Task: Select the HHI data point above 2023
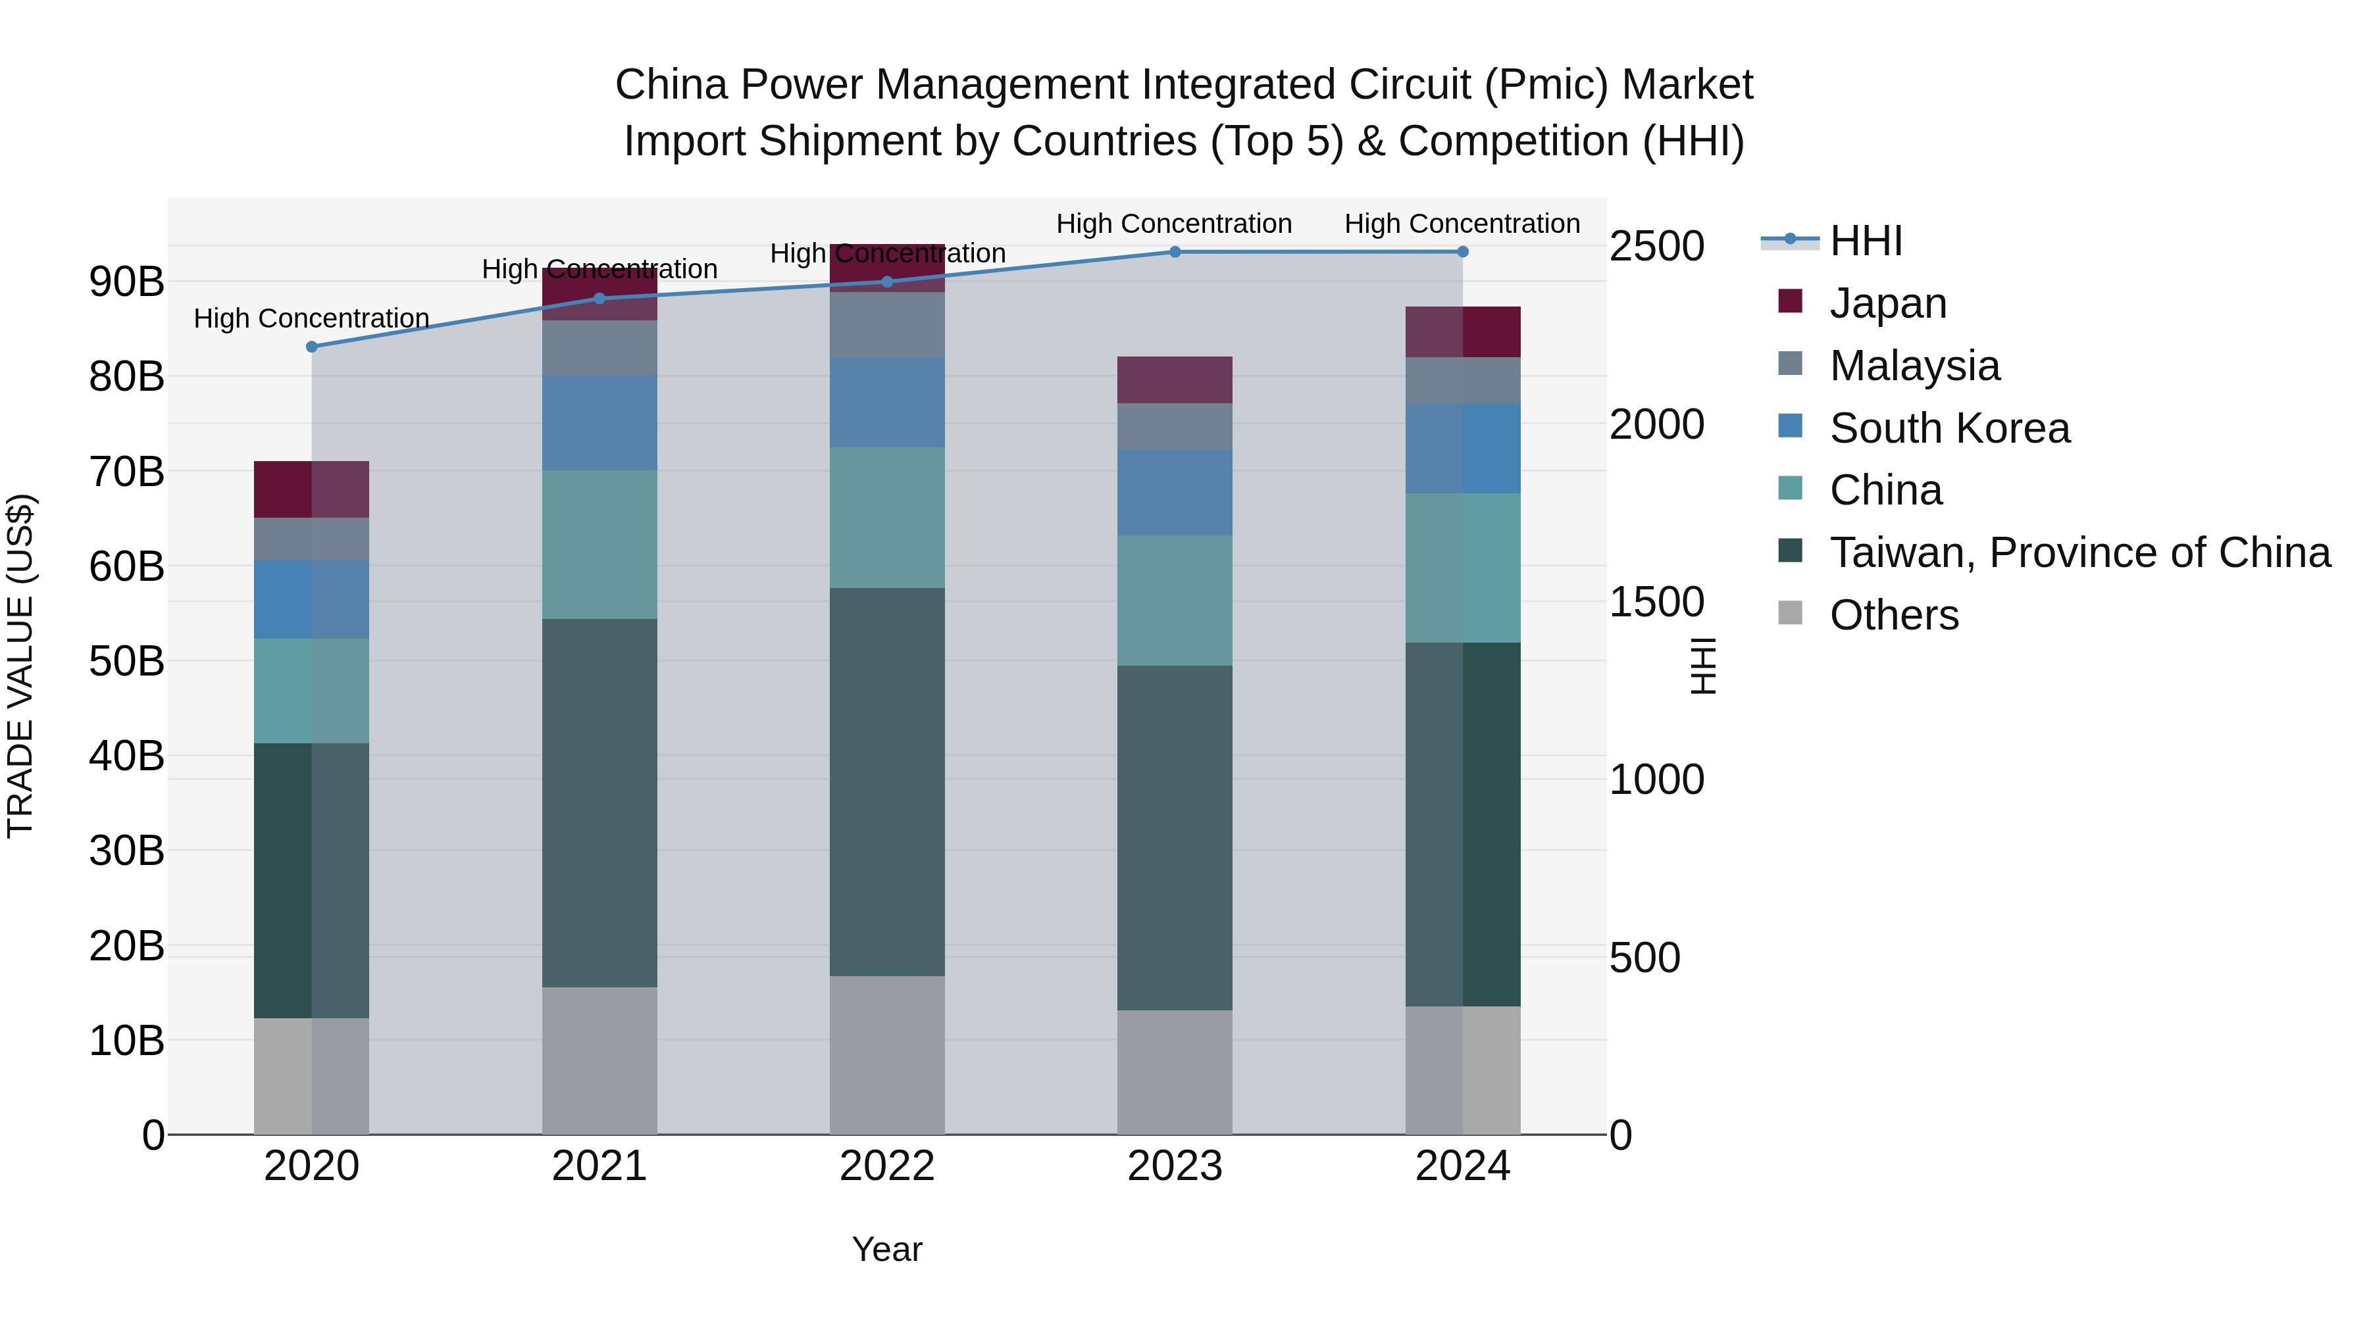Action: [1175, 252]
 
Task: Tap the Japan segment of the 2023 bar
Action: [1175, 380]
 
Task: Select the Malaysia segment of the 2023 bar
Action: [1175, 426]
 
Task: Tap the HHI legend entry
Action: [1865, 241]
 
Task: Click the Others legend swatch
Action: [1790, 612]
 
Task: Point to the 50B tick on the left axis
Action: [126, 661]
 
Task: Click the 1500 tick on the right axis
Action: [1656, 602]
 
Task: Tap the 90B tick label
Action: [126, 282]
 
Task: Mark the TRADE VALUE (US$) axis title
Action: [20, 666]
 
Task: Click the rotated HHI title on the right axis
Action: [1703, 666]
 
